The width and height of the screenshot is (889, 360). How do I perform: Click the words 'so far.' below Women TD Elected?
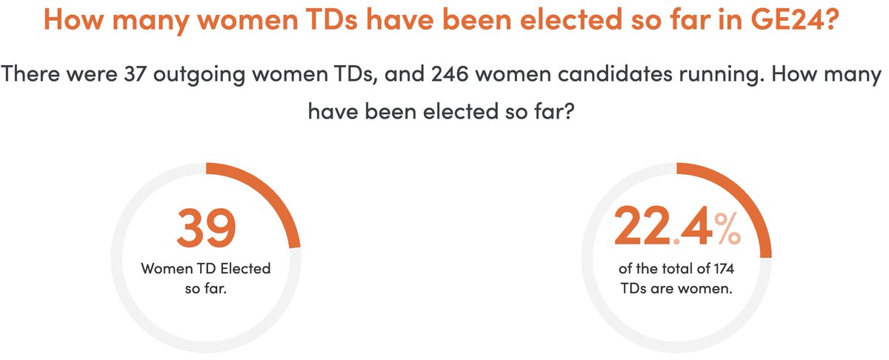[205, 288]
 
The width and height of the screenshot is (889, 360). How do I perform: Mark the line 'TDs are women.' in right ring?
[676, 288]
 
